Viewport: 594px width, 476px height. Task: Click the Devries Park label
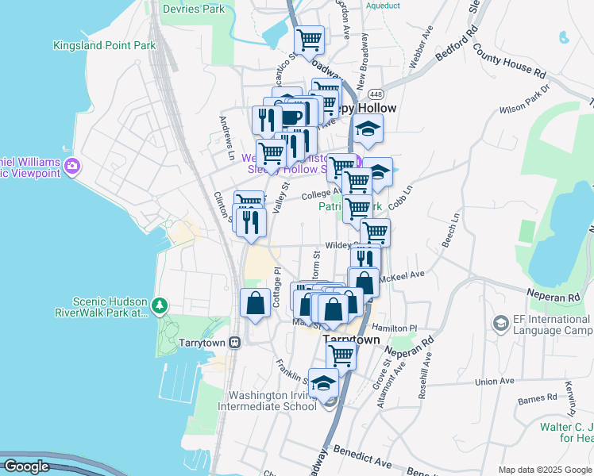(193, 10)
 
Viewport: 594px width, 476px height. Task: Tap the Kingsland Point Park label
(104, 46)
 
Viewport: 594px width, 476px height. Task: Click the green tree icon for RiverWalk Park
(160, 305)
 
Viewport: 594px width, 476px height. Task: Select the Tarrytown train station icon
(235, 342)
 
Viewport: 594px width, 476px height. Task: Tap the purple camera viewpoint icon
(73, 166)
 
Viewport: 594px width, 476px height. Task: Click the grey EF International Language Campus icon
(500, 323)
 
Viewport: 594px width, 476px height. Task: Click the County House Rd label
(511, 60)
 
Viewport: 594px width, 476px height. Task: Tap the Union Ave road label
(495, 382)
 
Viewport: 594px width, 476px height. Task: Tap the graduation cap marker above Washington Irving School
(323, 384)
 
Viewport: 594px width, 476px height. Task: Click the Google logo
(26, 467)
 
